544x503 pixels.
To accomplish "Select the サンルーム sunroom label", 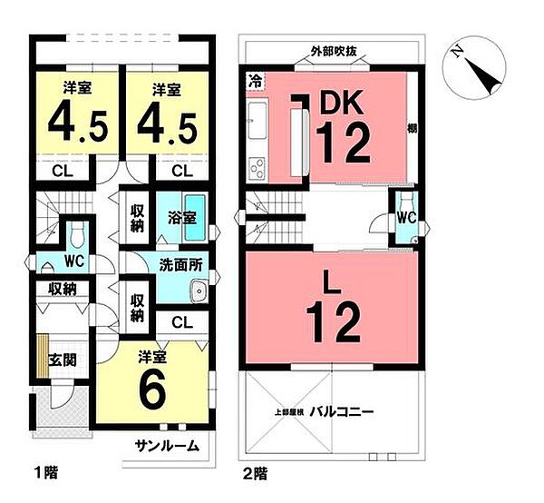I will click(x=169, y=446).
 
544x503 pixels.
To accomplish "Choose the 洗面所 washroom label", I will click(x=180, y=267).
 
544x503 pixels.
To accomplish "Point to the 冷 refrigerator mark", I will click(x=256, y=80).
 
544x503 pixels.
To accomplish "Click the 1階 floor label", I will click(x=45, y=473).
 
